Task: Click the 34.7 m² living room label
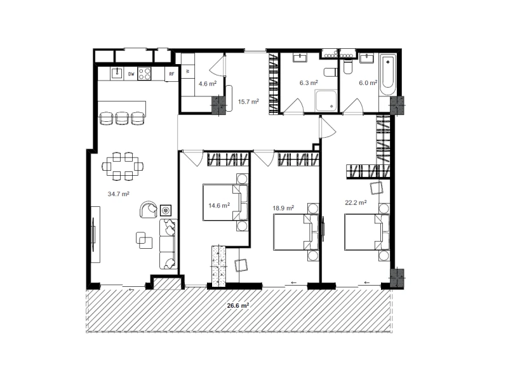point(119,194)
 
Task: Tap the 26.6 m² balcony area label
point(238,305)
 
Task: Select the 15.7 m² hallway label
point(248,102)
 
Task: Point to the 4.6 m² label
point(208,84)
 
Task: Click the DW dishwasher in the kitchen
point(131,74)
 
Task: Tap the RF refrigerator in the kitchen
point(171,74)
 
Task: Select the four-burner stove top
point(145,74)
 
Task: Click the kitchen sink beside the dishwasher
point(117,73)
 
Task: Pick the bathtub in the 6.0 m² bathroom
point(387,75)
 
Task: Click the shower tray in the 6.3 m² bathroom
point(326,101)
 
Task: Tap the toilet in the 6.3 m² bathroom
point(330,72)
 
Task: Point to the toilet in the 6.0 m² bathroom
point(347,67)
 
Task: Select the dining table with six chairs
point(123,166)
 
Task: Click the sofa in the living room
point(168,244)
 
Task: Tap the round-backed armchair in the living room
point(149,209)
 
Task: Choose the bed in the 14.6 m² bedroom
point(225,202)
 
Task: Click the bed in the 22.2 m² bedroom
point(367,232)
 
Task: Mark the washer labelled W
point(187,70)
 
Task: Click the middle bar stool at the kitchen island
point(122,118)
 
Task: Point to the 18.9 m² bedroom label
point(283,208)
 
